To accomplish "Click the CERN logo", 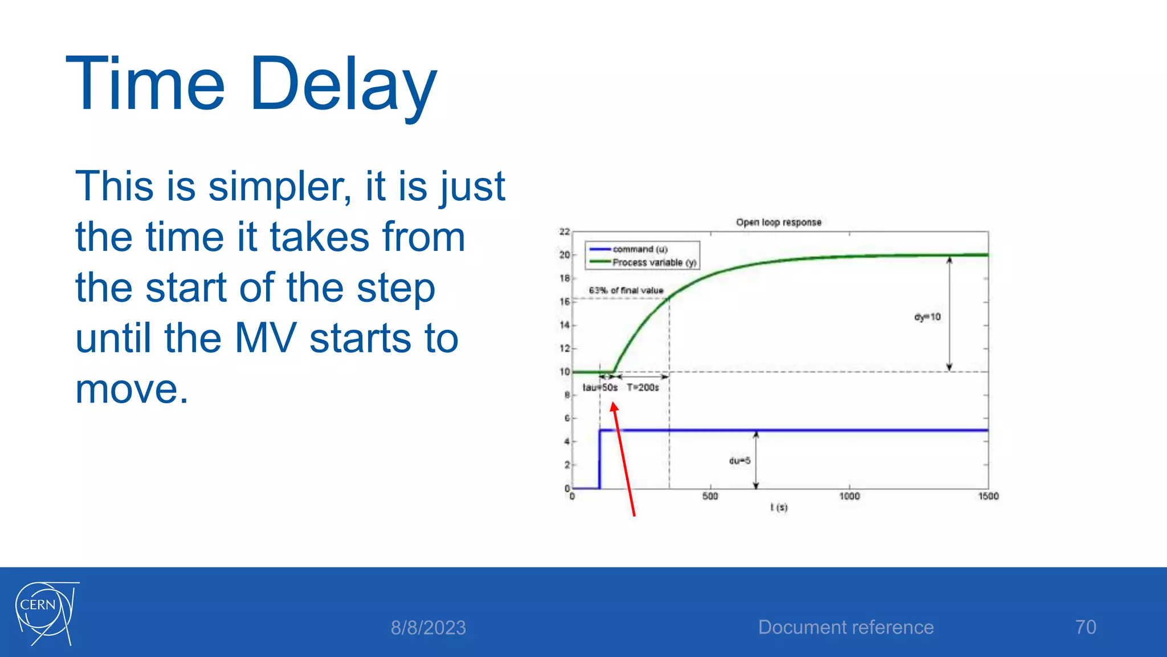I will (46, 614).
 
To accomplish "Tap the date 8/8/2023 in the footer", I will (428, 628).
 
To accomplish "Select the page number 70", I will (1086, 627).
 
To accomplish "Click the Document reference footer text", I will (846, 627).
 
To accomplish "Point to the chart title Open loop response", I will (778, 222).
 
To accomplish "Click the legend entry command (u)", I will (639, 249).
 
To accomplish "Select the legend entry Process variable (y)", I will (654, 262).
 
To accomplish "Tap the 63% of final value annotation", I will (626, 290).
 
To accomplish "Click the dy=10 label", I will (927, 317).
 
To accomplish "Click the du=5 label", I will (740, 461).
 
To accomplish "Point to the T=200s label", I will (643, 388).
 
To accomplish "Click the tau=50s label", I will (599, 388).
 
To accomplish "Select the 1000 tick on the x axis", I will (849, 496).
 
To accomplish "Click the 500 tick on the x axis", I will (710, 496).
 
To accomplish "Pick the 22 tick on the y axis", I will (564, 232).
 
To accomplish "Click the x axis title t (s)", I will (778, 507).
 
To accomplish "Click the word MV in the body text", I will (266, 338).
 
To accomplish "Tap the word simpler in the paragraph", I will (279, 187).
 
